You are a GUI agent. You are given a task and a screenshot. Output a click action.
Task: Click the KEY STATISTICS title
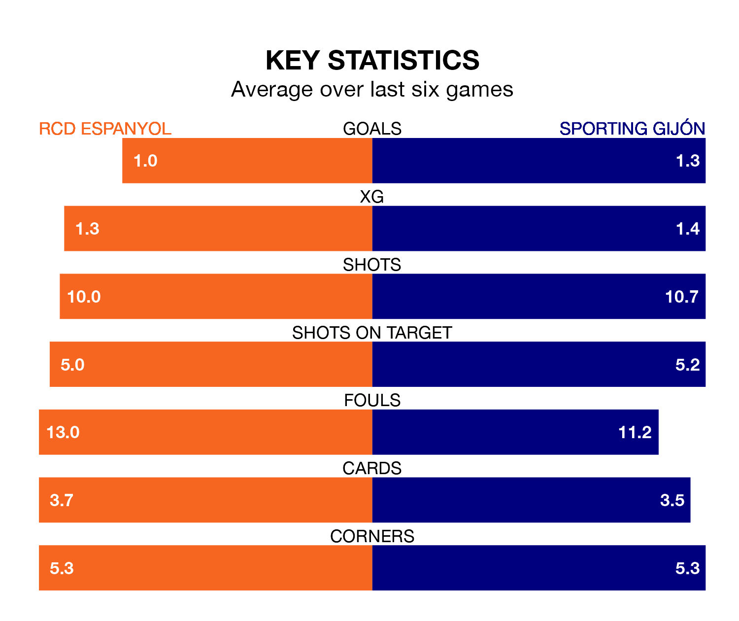372,61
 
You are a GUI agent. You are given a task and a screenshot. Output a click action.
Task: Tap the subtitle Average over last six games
372,90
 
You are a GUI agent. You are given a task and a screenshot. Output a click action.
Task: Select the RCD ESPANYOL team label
105,129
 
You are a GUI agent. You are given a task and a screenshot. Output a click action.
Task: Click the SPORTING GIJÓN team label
632,129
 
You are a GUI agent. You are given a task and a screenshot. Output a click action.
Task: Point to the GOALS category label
372,129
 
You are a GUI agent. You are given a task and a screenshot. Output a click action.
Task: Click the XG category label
372,197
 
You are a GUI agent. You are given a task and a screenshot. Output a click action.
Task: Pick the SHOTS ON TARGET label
372,333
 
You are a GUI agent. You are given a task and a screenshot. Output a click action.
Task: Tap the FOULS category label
372,400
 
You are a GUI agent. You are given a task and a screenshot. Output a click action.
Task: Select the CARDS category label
372,468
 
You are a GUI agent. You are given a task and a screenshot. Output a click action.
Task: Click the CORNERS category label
372,536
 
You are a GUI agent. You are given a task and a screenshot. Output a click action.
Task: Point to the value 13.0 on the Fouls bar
63,432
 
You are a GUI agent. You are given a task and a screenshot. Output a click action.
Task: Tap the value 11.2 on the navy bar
635,432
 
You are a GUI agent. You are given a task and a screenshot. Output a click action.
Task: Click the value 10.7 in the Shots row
681,297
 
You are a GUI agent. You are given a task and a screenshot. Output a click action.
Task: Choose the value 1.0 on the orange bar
145,161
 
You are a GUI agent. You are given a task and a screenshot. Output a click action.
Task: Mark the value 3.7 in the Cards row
62,500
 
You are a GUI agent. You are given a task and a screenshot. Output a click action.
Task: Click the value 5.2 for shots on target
687,365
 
